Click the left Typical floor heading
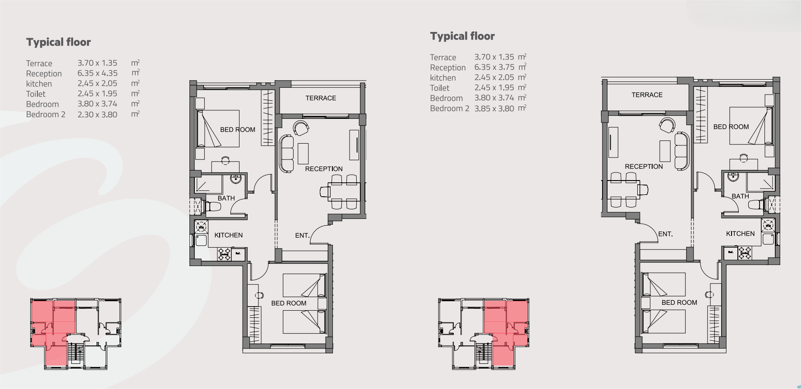[58, 42]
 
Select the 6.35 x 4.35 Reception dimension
[97, 73]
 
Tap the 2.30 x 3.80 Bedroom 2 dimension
[97, 115]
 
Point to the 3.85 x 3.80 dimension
[494, 109]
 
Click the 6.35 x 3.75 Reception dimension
[494, 68]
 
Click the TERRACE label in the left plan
[321, 98]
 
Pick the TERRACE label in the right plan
[647, 95]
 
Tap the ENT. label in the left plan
[302, 235]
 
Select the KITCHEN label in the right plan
[740, 234]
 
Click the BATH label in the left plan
[226, 198]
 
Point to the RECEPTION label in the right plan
[644, 167]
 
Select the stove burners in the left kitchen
[225, 253]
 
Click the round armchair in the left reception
[301, 128]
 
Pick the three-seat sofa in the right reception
[682, 151]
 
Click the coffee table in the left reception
[303, 153]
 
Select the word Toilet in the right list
[439, 88]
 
